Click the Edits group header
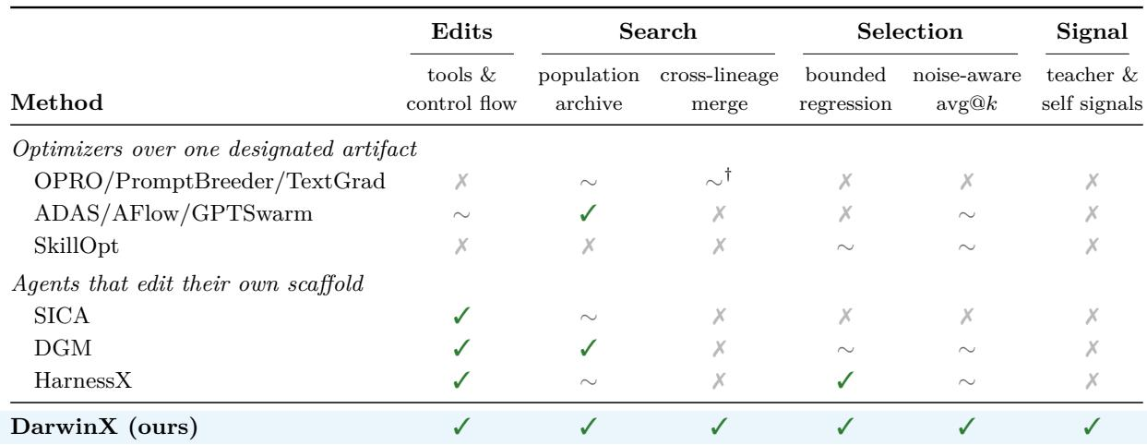(461, 31)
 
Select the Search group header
(658, 31)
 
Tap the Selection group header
(910, 31)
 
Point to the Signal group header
(1092, 32)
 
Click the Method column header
(57, 102)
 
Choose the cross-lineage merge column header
(719, 90)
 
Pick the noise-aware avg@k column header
(967, 90)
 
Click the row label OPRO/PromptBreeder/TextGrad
(209, 181)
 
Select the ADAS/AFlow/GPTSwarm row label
(173, 213)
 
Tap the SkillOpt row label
(77, 247)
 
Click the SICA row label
(62, 316)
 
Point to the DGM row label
(63, 348)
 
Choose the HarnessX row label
(83, 380)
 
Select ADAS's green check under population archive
(588, 213)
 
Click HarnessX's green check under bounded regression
(845, 380)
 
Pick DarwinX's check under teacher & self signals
(1092, 427)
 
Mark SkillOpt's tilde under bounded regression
(845, 247)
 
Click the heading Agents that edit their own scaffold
(188, 283)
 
